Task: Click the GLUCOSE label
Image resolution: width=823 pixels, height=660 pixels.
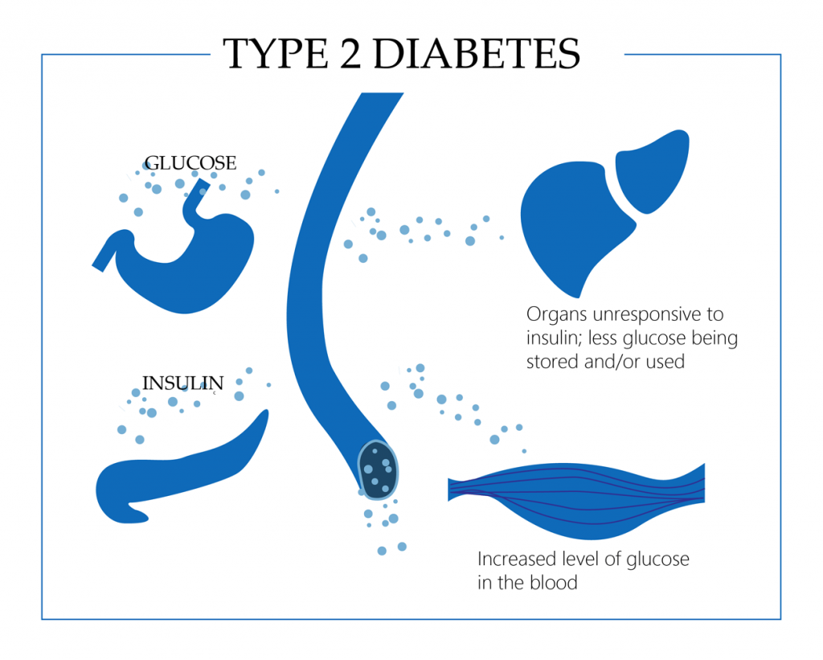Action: point(190,163)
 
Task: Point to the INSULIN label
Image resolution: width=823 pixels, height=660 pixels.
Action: point(182,382)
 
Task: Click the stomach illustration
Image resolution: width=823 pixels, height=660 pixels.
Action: point(193,265)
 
